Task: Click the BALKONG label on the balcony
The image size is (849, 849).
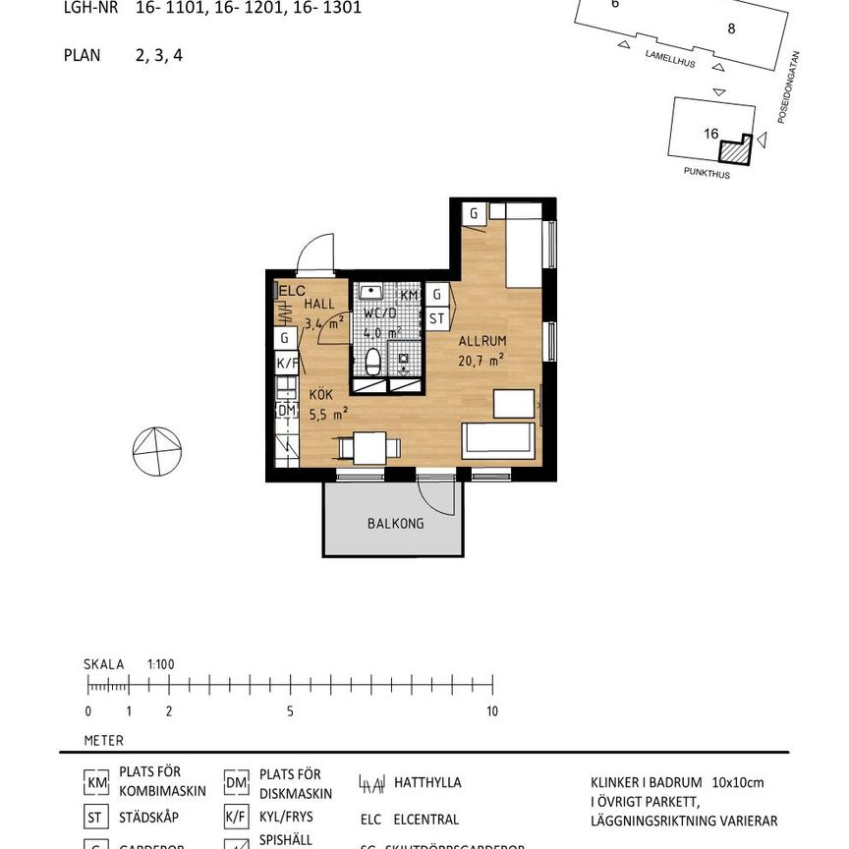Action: click(395, 524)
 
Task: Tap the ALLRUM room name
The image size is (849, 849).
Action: click(481, 341)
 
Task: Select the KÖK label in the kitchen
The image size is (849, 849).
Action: click(321, 394)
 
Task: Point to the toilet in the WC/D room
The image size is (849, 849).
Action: click(373, 361)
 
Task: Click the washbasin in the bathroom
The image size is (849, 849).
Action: click(371, 292)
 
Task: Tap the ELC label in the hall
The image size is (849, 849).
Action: click(293, 291)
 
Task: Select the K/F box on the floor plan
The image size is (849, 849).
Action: click(286, 363)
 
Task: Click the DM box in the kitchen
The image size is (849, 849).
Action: click(286, 410)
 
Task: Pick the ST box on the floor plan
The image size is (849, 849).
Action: click(436, 318)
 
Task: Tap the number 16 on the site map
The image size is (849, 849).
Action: click(711, 135)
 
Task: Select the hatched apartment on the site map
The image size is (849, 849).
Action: click(734, 148)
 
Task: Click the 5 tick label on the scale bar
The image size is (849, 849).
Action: click(290, 711)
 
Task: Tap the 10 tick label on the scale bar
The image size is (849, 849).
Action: click(491, 711)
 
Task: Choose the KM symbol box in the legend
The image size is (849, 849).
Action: click(95, 782)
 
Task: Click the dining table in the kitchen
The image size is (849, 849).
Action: click(369, 448)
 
